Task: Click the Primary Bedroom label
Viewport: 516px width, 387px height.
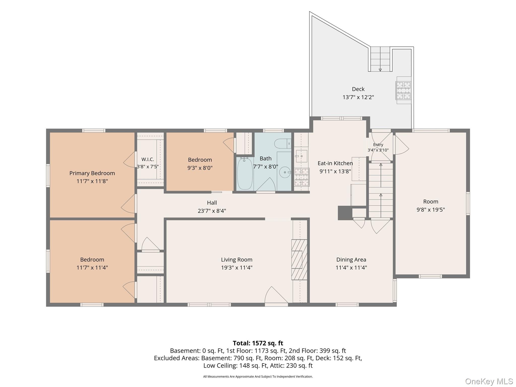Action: coord(92,173)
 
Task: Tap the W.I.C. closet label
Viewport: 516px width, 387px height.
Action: coord(148,159)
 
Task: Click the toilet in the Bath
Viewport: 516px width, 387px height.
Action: coord(283,144)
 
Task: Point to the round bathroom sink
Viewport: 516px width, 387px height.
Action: coord(285,172)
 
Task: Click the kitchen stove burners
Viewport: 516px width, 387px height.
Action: coord(302,177)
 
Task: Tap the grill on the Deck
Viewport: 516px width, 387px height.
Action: coord(403,90)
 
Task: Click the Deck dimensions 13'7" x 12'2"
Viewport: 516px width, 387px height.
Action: coord(358,97)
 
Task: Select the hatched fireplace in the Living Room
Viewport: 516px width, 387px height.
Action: coord(299,260)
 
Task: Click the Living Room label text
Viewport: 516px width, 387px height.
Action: coord(237,260)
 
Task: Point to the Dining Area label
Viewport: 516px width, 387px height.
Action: coord(351,260)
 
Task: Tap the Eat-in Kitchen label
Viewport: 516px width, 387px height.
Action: coord(335,163)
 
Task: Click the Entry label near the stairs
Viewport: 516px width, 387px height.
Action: coord(378,145)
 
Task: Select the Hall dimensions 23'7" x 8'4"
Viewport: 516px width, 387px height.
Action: coord(212,211)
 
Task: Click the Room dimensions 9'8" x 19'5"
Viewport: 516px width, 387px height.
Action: coord(431,210)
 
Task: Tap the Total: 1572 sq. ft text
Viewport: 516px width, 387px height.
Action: coord(258,343)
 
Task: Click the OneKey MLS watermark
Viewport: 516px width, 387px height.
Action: coord(489,381)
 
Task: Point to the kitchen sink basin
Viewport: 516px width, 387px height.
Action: coord(301,156)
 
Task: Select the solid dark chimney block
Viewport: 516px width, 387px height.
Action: coord(345,213)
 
